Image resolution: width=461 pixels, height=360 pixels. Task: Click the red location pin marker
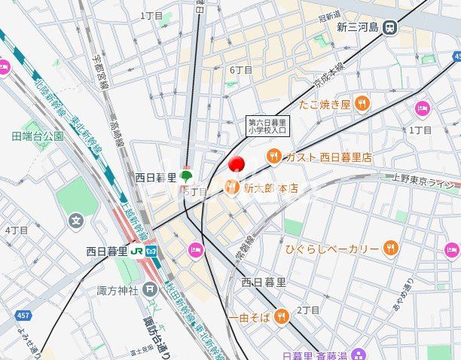tap(237, 163)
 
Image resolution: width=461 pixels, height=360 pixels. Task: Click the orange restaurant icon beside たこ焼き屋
tap(362, 103)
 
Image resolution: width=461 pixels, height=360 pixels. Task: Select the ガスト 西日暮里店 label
tap(328, 157)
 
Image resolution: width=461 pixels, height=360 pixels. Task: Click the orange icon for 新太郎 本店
tap(232, 188)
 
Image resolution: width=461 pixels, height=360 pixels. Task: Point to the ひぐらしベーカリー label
tap(331, 249)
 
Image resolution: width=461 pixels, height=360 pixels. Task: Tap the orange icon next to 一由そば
tap(281, 315)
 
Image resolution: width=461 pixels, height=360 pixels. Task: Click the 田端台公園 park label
tap(38, 136)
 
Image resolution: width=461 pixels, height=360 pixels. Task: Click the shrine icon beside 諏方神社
tap(150, 289)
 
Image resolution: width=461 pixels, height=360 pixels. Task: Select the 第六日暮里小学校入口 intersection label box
tap(267, 125)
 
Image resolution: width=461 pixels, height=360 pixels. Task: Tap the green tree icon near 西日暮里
tap(186, 176)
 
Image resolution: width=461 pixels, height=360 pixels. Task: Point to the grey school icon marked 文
tap(75, 221)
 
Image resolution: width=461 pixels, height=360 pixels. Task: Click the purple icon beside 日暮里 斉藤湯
tap(359, 355)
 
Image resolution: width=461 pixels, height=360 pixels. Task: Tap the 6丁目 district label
tap(241, 70)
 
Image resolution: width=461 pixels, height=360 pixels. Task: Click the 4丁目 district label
tap(17, 230)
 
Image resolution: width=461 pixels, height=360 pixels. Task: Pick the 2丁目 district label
tap(308, 310)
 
